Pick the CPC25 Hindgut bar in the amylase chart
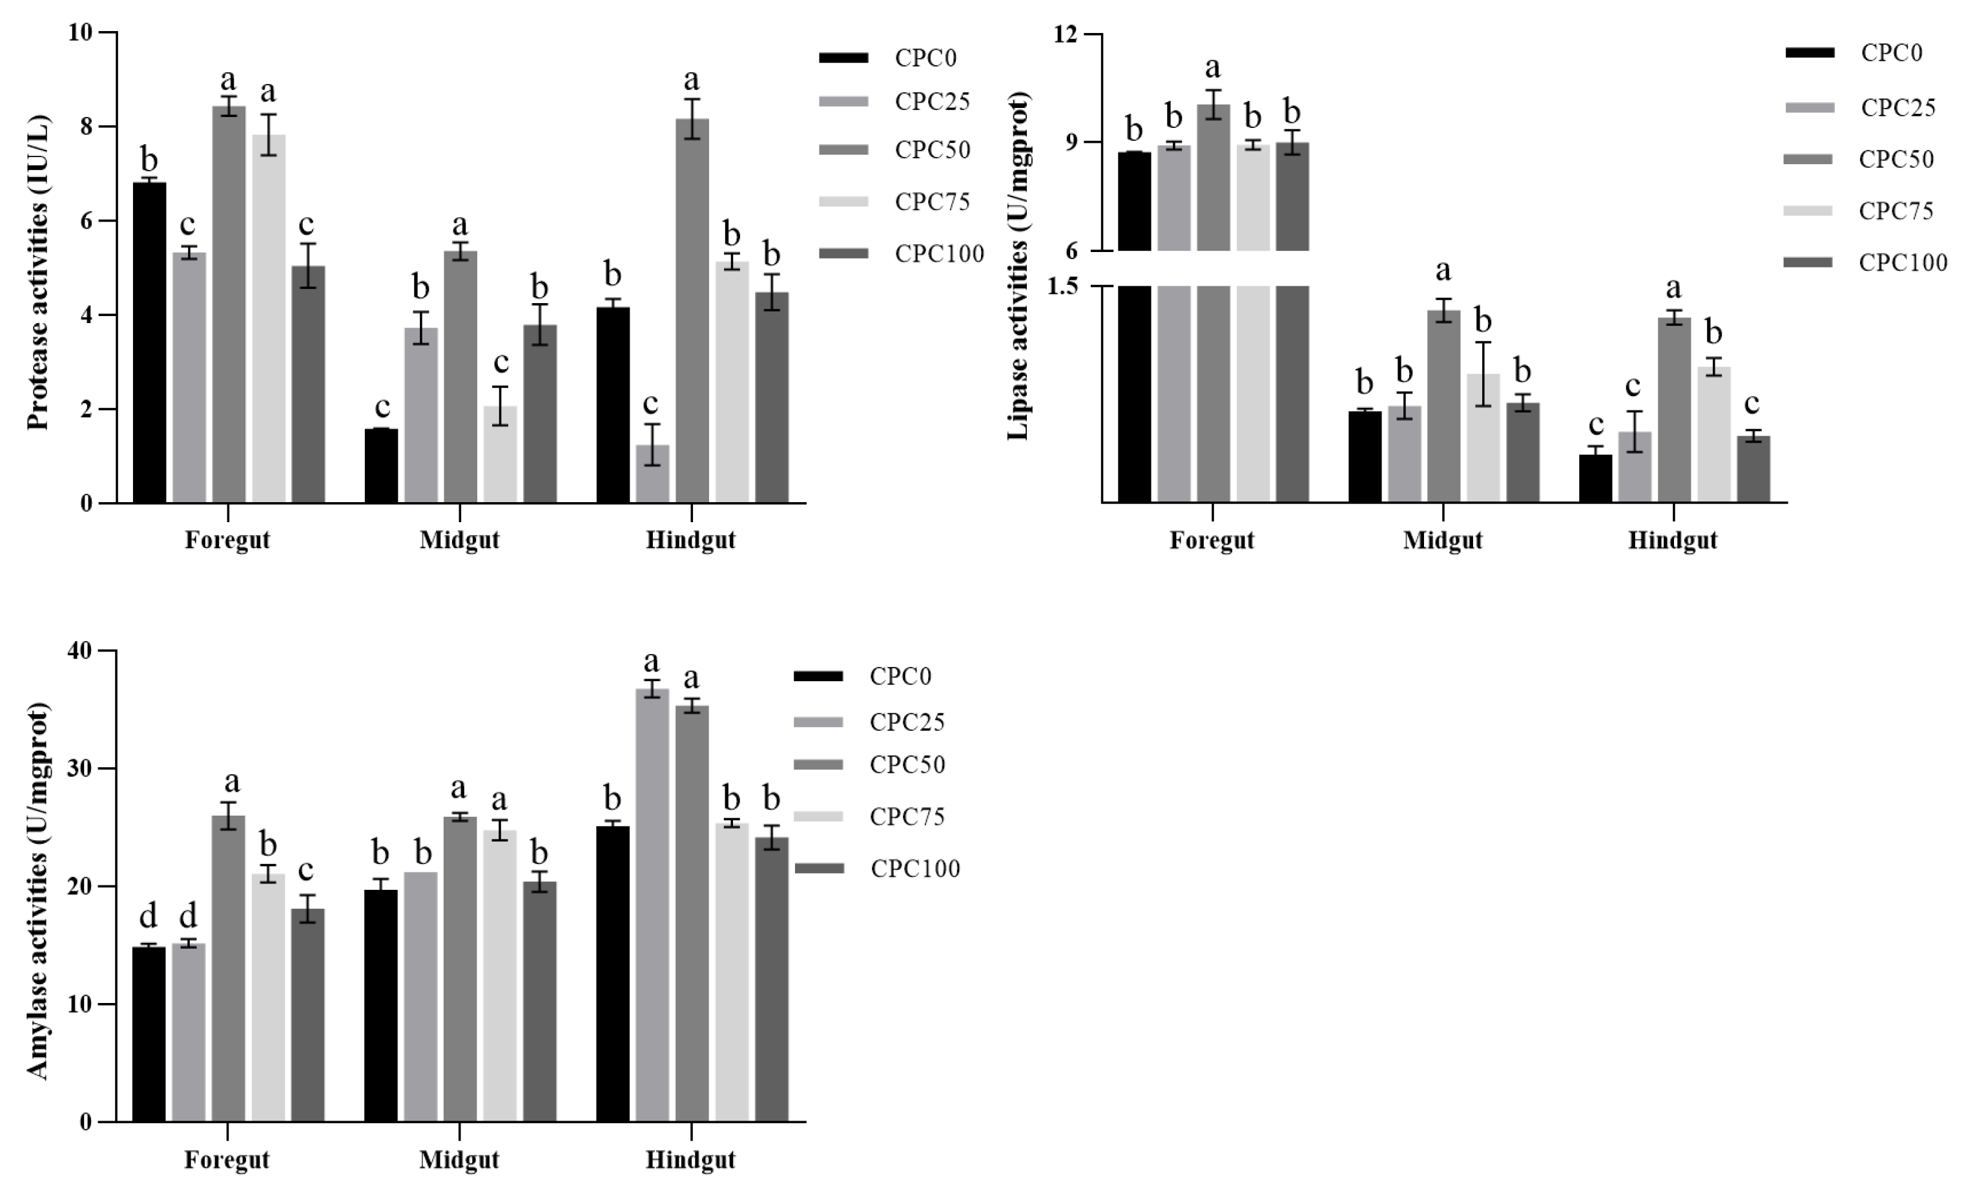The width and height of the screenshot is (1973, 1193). (x=652, y=905)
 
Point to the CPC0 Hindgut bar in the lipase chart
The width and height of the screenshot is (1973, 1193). (x=1595, y=478)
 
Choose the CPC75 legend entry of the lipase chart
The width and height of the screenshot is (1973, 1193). (x=1896, y=211)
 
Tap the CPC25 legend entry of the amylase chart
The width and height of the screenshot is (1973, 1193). (x=907, y=722)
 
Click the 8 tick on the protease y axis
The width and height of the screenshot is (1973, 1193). (x=86, y=127)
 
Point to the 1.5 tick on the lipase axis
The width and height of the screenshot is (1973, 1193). (x=1062, y=286)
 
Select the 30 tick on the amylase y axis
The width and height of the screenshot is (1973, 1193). (x=80, y=768)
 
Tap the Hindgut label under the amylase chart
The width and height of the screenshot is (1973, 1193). (x=690, y=1160)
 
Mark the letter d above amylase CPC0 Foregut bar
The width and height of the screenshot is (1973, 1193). (x=148, y=915)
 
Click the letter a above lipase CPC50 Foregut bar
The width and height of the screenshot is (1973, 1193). (x=1212, y=67)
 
